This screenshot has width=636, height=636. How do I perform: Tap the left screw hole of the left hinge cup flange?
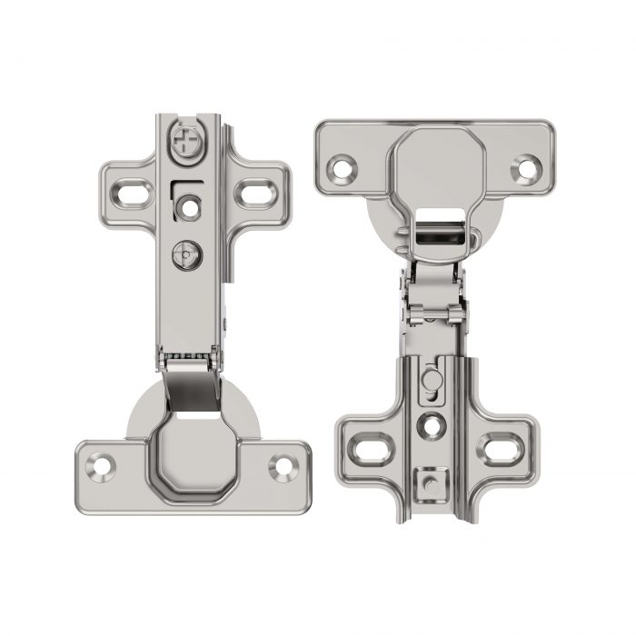pos(100,467)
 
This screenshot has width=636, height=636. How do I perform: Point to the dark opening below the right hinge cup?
pos(436,239)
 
